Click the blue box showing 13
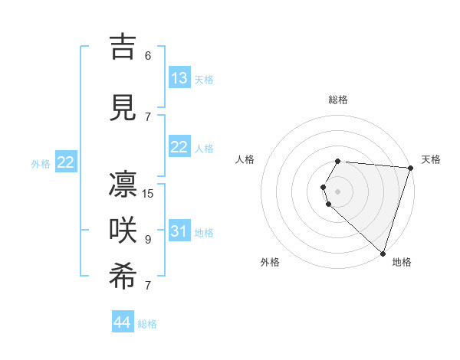179,78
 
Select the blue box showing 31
179,231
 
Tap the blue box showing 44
123,322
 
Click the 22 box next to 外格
66,162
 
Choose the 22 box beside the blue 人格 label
179,147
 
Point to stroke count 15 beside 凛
148,194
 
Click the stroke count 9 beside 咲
148,240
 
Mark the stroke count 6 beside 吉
148,56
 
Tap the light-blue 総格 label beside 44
147,324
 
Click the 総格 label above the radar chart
338,100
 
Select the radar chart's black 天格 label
431,159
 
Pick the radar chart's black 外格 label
270,262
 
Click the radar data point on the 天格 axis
410,167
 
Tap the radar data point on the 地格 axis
383,253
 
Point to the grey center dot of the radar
338,191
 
